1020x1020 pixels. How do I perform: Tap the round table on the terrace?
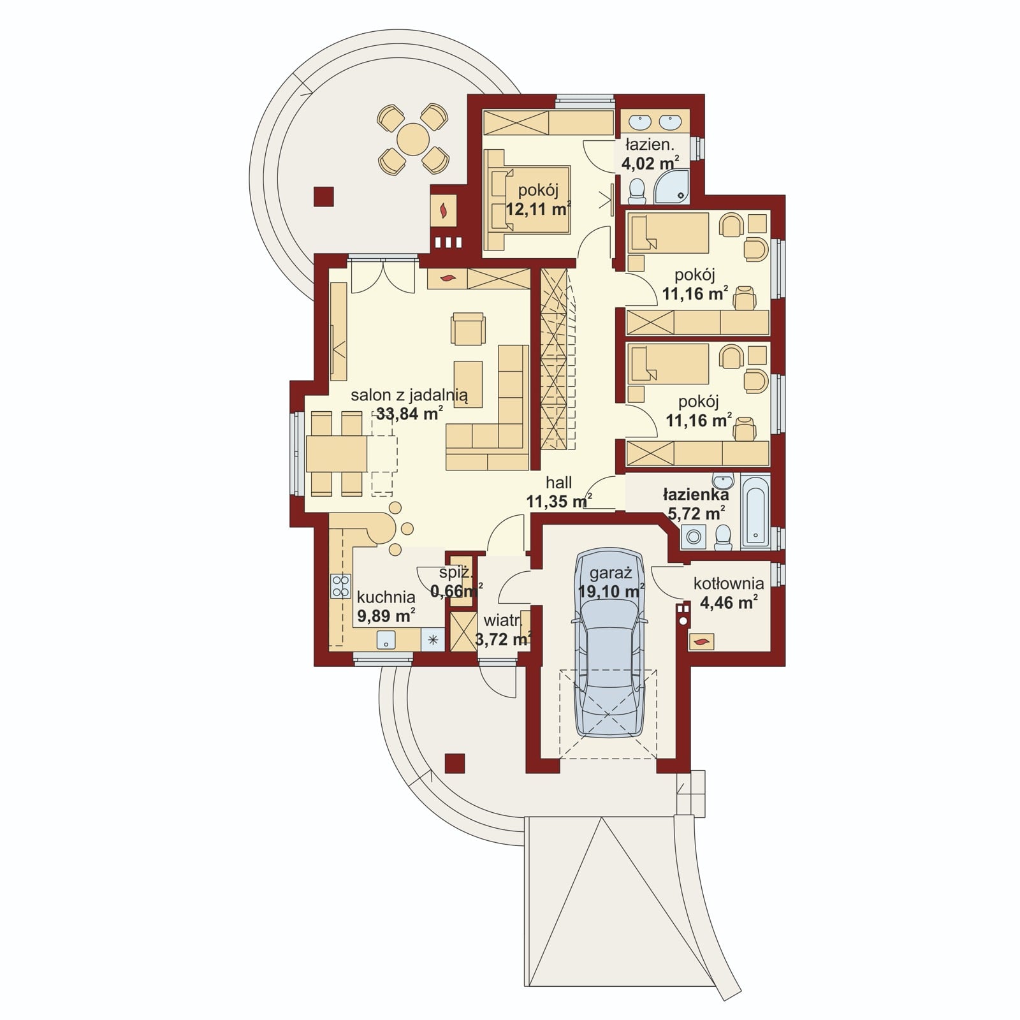(x=413, y=139)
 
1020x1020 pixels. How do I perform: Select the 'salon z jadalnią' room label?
(x=409, y=395)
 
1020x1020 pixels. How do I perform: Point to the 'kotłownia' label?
(x=729, y=583)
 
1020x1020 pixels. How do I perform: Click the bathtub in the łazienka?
(x=755, y=511)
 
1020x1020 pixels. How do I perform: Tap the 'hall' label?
(x=558, y=483)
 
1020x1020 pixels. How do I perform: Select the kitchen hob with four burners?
(x=340, y=586)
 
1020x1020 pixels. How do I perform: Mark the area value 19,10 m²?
(x=611, y=591)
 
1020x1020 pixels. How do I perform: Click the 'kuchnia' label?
(x=386, y=597)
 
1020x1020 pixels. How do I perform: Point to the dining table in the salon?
(x=337, y=453)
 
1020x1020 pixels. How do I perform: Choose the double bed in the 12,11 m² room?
(x=527, y=200)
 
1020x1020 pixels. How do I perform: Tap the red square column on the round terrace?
(x=324, y=196)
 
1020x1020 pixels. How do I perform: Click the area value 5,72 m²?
(x=694, y=513)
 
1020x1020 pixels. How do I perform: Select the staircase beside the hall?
(x=553, y=360)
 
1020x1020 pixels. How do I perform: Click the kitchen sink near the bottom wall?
(x=385, y=640)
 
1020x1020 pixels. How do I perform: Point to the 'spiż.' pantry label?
(x=455, y=572)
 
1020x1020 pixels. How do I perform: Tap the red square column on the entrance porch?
(x=454, y=763)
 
